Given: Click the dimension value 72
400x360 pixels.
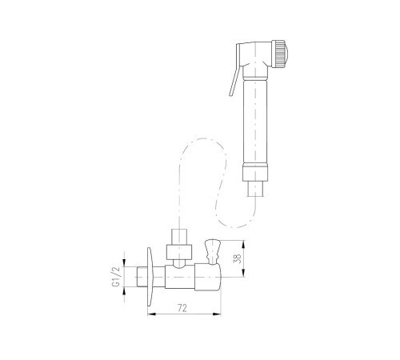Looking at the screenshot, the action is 182,308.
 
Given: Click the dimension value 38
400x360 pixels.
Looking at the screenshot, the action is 237,258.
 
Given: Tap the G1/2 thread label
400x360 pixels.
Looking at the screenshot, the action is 117,277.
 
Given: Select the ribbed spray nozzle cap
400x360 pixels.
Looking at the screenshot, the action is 278,54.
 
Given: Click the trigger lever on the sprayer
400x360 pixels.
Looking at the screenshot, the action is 234,70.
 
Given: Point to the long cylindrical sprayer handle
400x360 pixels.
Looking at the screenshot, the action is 255,122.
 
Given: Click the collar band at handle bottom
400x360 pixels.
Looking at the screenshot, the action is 255,174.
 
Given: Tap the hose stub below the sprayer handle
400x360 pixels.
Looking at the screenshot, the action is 255,189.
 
